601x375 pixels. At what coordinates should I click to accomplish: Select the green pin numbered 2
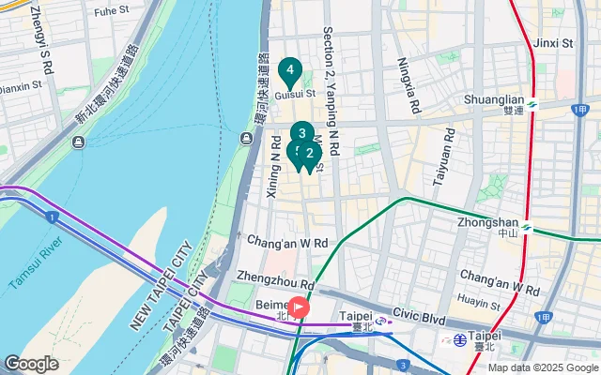tap(310, 154)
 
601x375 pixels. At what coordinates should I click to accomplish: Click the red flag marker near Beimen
tap(300, 307)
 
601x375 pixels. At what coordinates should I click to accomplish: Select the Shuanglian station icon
tap(532, 104)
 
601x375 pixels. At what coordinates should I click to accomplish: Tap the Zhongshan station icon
tap(527, 226)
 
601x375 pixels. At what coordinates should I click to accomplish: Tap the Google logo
tap(31, 363)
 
